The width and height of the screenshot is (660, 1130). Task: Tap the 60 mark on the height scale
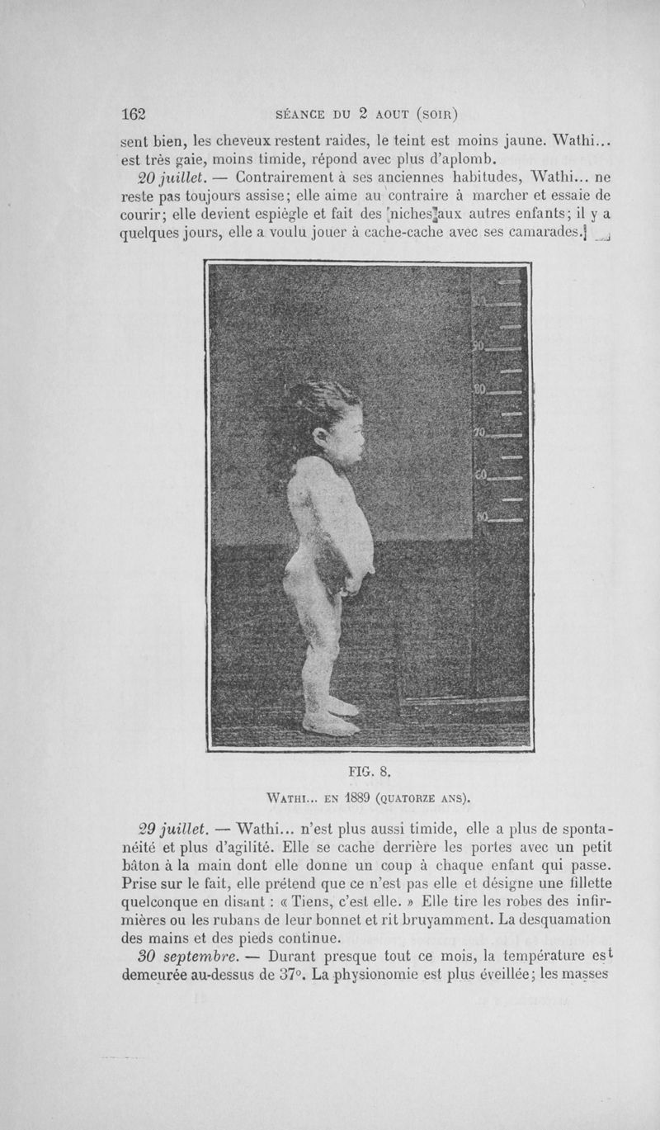(481, 475)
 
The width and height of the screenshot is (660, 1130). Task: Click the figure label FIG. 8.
(369, 773)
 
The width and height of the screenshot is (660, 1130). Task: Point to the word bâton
(142, 864)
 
